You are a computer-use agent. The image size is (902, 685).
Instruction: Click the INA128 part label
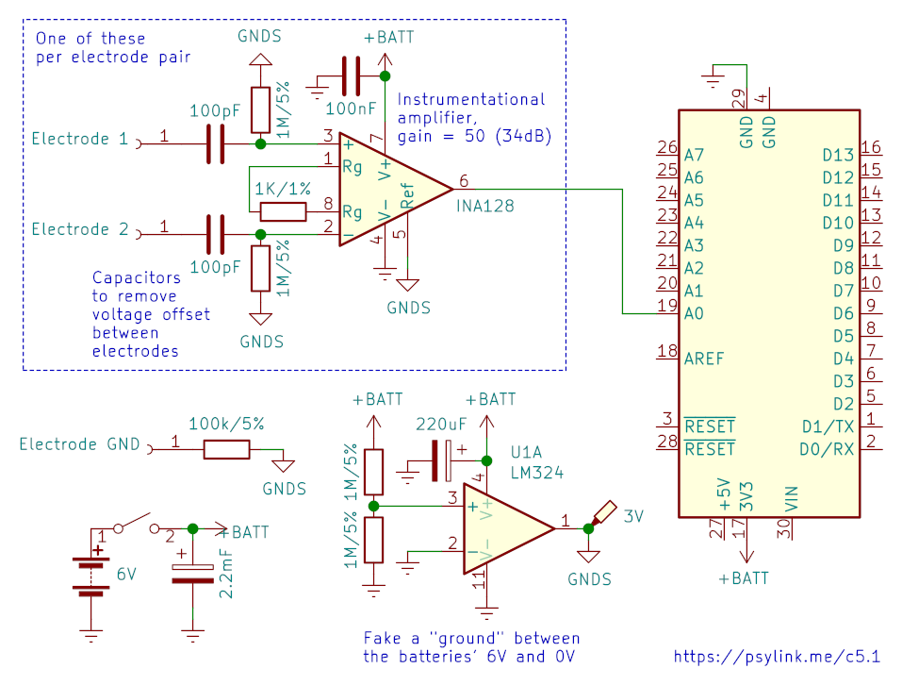tap(485, 206)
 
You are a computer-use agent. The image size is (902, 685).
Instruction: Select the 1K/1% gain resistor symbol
tap(283, 212)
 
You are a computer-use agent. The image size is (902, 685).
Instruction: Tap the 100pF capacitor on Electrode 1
tap(215, 144)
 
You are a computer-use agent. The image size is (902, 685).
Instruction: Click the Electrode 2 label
tap(80, 229)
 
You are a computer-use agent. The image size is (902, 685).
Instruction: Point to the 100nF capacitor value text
tap(351, 109)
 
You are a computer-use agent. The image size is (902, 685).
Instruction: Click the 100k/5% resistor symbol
tap(226, 449)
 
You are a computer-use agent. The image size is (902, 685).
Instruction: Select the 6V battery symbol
tap(90, 575)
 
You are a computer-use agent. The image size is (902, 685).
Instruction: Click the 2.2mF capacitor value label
tap(226, 574)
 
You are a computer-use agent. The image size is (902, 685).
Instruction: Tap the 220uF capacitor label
tap(441, 425)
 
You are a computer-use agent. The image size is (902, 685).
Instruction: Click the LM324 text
tap(536, 473)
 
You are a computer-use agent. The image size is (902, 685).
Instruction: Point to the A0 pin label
tap(694, 313)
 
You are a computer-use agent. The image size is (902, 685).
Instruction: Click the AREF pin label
tap(704, 359)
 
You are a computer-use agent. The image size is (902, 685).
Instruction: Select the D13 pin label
tap(838, 156)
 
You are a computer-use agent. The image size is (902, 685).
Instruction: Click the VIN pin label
tap(792, 498)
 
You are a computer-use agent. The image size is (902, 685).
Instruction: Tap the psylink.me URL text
tap(777, 656)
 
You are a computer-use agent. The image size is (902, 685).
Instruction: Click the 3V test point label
tap(633, 516)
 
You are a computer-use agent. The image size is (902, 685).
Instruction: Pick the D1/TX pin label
tap(828, 426)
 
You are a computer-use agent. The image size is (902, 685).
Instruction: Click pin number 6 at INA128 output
tap(464, 181)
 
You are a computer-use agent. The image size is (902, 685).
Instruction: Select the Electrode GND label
tap(79, 443)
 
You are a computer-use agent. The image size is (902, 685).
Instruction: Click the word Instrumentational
tap(471, 99)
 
